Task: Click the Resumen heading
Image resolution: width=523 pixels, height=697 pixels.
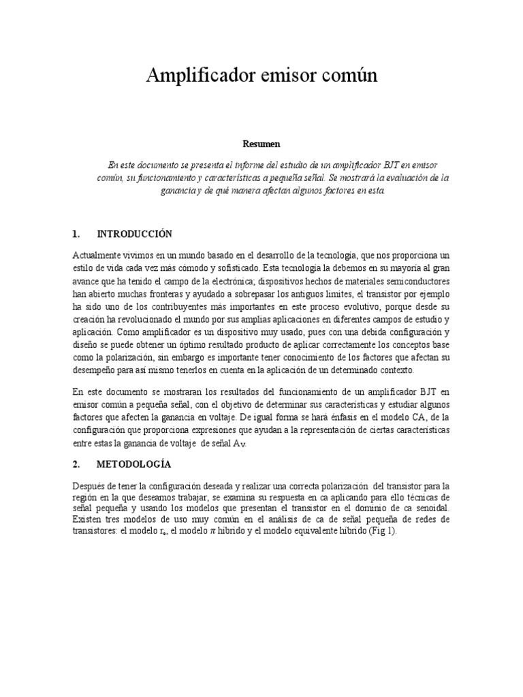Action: coord(261,144)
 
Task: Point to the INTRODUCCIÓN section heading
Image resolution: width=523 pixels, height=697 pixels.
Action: coord(135,234)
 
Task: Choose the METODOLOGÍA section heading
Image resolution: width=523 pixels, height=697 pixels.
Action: coord(133,464)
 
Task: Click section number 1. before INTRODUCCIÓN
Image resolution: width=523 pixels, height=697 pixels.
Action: coord(76,234)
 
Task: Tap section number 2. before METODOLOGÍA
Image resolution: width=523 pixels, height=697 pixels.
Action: coord(76,464)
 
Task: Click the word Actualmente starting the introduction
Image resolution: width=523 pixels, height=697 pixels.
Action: coord(98,255)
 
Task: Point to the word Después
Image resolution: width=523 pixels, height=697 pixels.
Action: coord(89,486)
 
